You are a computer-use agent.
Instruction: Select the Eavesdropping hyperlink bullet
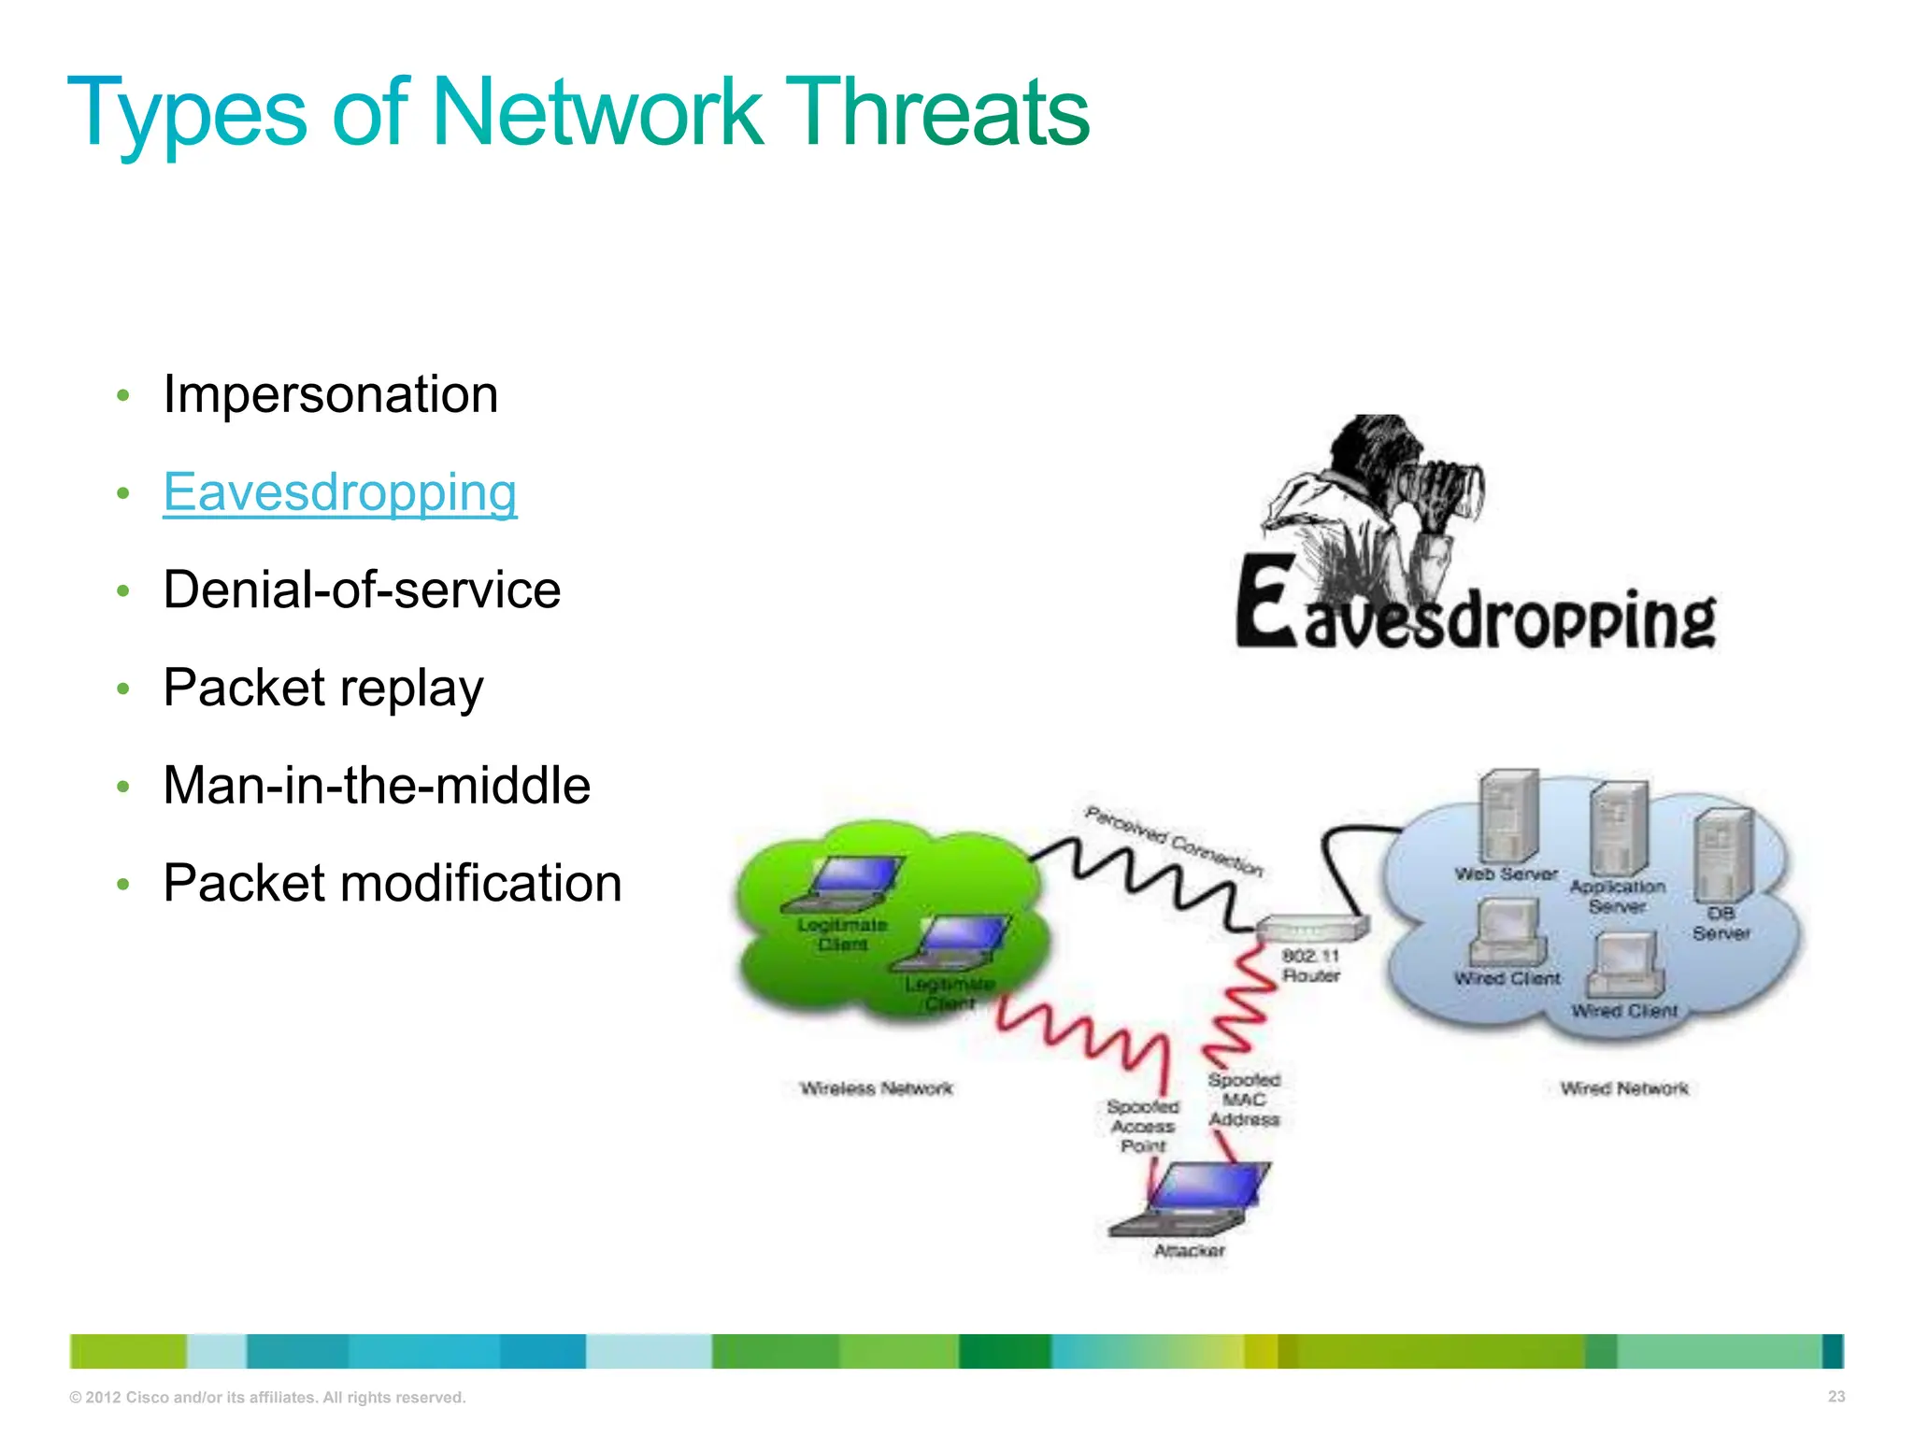(x=339, y=492)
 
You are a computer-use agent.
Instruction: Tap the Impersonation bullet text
(x=330, y=394)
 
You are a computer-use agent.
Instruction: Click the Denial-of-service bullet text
(x=361, y=590)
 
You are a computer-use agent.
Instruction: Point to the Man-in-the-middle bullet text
(x=376, y=785)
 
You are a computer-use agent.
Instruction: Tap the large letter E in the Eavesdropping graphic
(x=1265, y=603)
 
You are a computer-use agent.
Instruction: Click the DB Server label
(x=1721, y=923)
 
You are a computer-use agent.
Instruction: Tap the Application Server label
(x=1617, y=896)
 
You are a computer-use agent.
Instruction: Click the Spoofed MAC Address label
(x=1243, y=1100)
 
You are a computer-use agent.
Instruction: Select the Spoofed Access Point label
(x=1142, y=1126)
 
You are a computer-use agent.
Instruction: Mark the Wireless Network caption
(x=876, y=1088)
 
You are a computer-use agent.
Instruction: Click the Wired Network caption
(x=1624, y=1088)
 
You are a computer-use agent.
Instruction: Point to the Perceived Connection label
(x=1174, y=842)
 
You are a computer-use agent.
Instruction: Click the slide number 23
(x=1835, y=1397)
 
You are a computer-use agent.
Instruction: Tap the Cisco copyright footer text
(x=267, y=1398)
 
